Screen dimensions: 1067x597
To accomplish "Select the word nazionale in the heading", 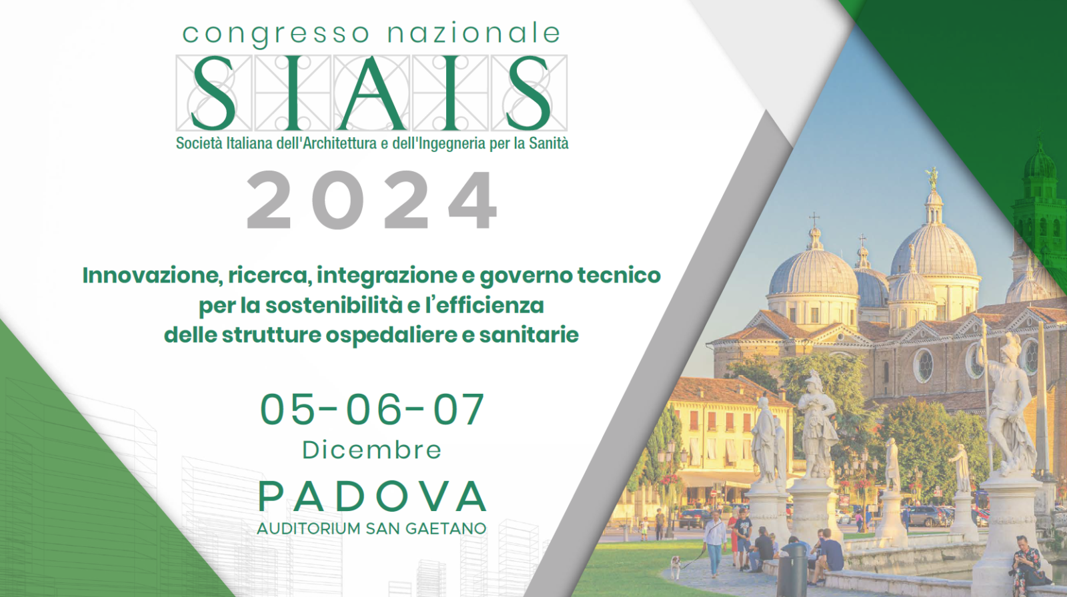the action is coord(474,33).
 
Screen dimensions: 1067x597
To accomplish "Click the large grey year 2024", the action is coord(372,201).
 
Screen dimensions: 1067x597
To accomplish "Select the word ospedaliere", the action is coord(391,336).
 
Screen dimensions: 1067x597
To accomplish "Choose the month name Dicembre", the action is coord(372,450).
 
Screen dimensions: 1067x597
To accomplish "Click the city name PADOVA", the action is coord(372,496).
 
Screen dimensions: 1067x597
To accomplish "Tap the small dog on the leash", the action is coord(676,566).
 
